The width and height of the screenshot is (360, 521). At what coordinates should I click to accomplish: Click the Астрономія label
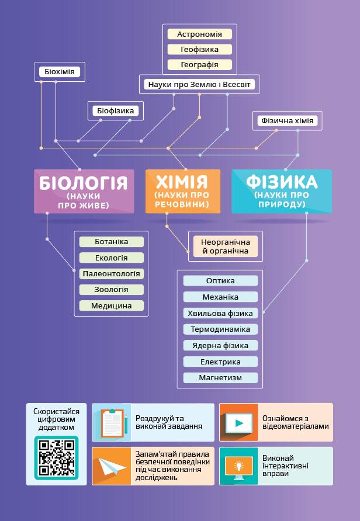tap(199, 34)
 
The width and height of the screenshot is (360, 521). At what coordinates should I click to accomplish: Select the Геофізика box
tap(199, 50)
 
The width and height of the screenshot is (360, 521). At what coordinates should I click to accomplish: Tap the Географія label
tap(199, 65)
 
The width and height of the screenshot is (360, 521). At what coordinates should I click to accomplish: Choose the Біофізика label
tap(115, 111)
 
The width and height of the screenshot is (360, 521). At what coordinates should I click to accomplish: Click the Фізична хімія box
tap(288, 121)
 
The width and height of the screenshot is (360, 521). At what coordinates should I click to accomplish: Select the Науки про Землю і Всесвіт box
tap(199, 85)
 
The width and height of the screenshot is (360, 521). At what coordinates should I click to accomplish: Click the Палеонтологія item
tap(112, 273)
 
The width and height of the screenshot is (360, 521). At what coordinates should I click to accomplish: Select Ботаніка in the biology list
tap(112, 242)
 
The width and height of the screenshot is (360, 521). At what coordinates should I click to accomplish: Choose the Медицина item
tap(112, 305)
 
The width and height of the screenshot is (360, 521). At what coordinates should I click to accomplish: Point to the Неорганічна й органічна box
tap(225, 246)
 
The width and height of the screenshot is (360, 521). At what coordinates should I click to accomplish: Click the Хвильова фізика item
tap(220, 312)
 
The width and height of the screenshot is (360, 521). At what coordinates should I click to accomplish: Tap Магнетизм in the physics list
tap(220, 378)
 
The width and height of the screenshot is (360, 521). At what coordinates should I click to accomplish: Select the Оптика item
tap(220, 281)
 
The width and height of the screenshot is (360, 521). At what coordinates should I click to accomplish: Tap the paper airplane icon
tap(112, 466)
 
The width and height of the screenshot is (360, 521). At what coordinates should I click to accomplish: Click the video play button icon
tap(238, 422)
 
